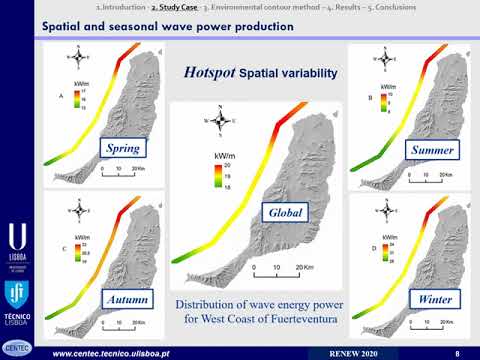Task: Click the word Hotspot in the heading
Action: [x=215, y=72]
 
